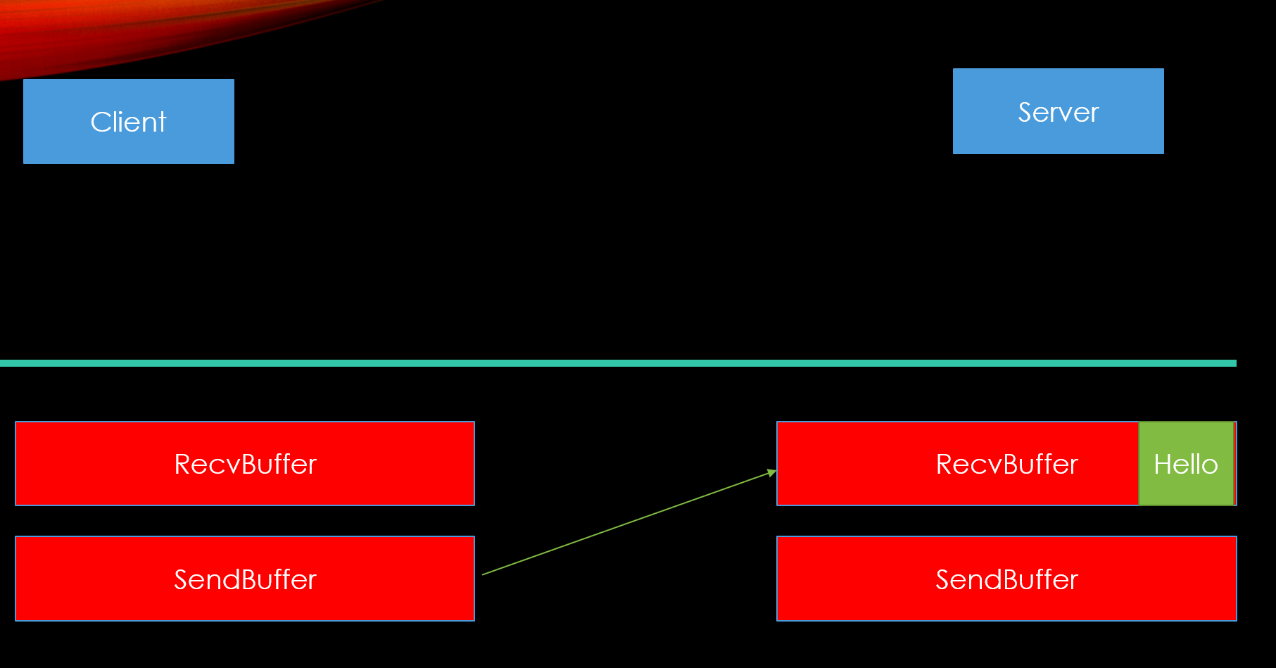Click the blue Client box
128,121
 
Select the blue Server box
1058,111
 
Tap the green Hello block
1186,464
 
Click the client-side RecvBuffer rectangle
245,464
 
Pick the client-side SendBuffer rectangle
245,579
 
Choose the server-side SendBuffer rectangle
1006,579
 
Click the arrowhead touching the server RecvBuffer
772,472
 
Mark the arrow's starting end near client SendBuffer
484,574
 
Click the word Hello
1186,465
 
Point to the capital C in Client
100,122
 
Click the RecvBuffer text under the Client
245,465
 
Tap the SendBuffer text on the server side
1006,580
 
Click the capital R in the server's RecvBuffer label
945,465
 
